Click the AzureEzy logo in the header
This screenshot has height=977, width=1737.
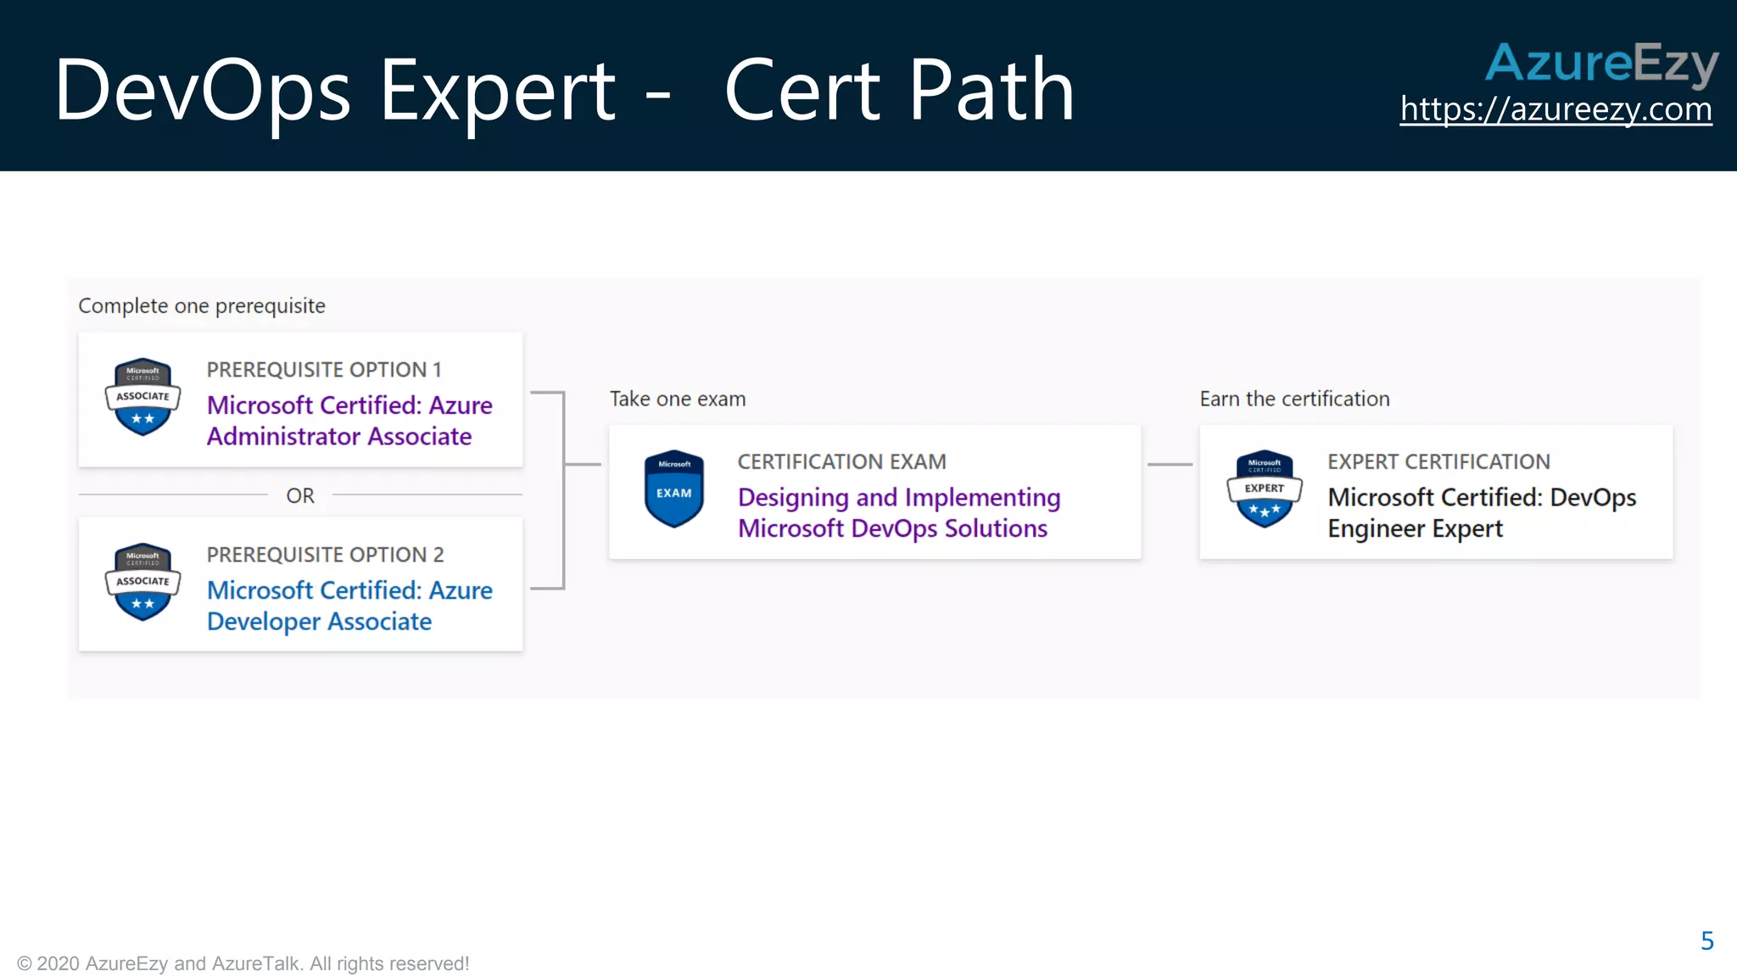pos(1601,63)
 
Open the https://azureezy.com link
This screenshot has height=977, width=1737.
pos(1555,109)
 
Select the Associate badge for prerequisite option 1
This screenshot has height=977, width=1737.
pos(142,396)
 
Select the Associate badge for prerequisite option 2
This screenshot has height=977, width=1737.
pos(142,581)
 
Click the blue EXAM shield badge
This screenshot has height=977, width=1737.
pos(674,488)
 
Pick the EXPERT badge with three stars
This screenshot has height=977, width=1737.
pos(1264,488)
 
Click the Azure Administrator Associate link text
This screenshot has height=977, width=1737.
pos(349,421)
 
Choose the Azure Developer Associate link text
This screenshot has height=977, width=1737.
pos(349,606)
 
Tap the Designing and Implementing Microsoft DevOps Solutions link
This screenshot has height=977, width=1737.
pos(898,512)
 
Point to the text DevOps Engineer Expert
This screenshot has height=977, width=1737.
pos(1481,512)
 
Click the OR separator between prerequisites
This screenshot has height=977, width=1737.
pos(300,495)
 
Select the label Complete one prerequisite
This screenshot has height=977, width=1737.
pos(202,305)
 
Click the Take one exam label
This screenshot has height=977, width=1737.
pos(678,399)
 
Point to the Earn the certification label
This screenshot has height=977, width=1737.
pos(1294,399)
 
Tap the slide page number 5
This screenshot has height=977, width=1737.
pos(1706,941)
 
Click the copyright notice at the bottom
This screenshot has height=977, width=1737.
pos(243,963)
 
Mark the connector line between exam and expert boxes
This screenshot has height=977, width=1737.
pos(1170,465)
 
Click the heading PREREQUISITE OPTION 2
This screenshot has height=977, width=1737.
pos(325,555)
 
